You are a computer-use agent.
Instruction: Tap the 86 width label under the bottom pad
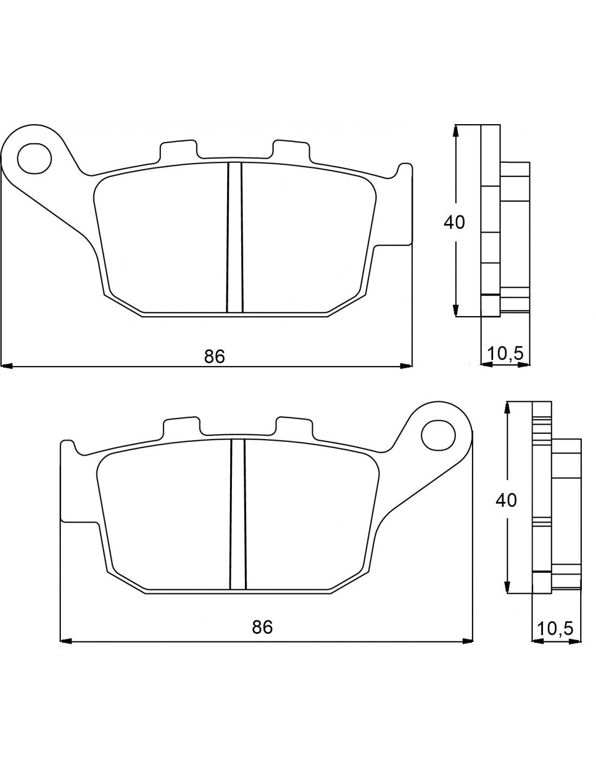pos(262,627)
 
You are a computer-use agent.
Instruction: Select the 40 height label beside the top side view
pos(454,222)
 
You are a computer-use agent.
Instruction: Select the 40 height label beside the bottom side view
pos(506,500)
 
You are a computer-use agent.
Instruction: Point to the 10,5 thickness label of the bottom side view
pos(555,629)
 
